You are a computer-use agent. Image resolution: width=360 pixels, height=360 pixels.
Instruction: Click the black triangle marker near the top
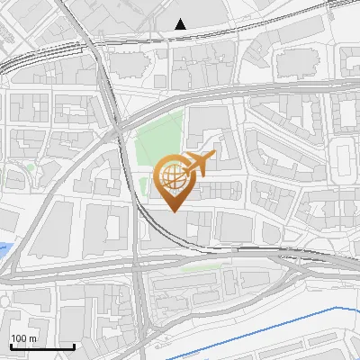(x=181, y=24)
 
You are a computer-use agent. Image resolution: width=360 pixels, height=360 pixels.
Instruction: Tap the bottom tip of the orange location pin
(x=175, y=211)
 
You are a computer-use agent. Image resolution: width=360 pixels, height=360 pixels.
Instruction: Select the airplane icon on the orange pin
(x=199, y=164)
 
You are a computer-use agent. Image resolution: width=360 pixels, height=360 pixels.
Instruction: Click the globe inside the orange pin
(x=174, y=179)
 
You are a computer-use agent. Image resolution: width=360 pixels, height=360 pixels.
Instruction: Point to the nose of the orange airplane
(x=215, y=155)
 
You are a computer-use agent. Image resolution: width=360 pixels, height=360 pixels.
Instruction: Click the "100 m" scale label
(x=23, y=338)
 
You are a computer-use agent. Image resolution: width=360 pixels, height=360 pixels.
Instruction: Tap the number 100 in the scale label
(x=19, y=338)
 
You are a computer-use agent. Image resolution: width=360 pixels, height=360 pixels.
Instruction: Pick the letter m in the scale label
(x=32, y=338)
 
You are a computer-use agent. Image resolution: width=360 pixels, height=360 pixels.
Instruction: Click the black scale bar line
(x=41, y=346)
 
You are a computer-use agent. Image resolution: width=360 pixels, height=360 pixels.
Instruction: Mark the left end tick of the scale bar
(x=10, y=345)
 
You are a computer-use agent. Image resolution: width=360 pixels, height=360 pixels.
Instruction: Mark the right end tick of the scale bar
(x=74, y=345)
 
